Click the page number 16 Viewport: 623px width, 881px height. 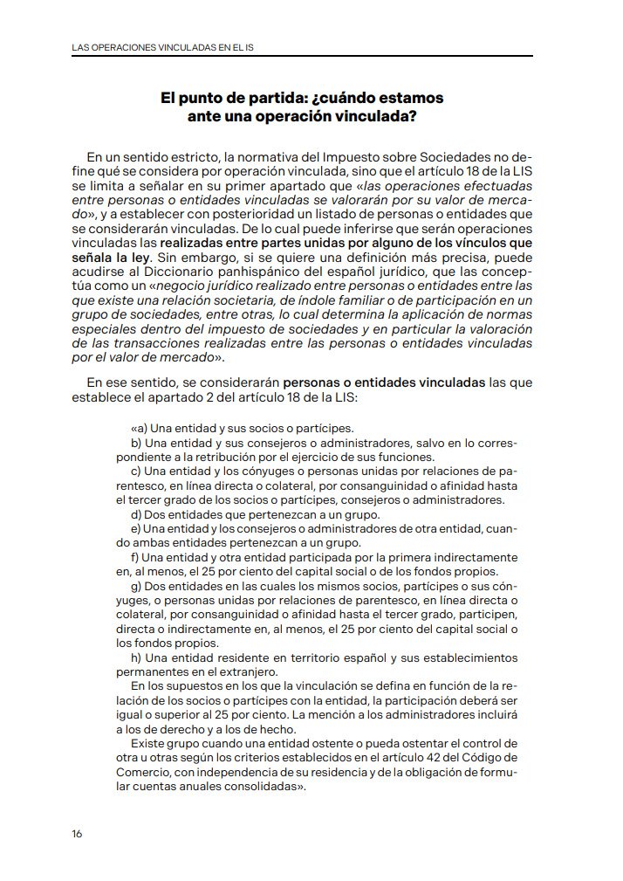coord(77,834)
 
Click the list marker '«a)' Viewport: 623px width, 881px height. coord(138,428)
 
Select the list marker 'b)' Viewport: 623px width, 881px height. coord(135,443)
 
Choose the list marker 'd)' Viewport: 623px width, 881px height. coord(135,514)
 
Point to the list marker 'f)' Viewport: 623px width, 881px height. coord(134,557)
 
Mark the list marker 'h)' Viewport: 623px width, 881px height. coord(135,657)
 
